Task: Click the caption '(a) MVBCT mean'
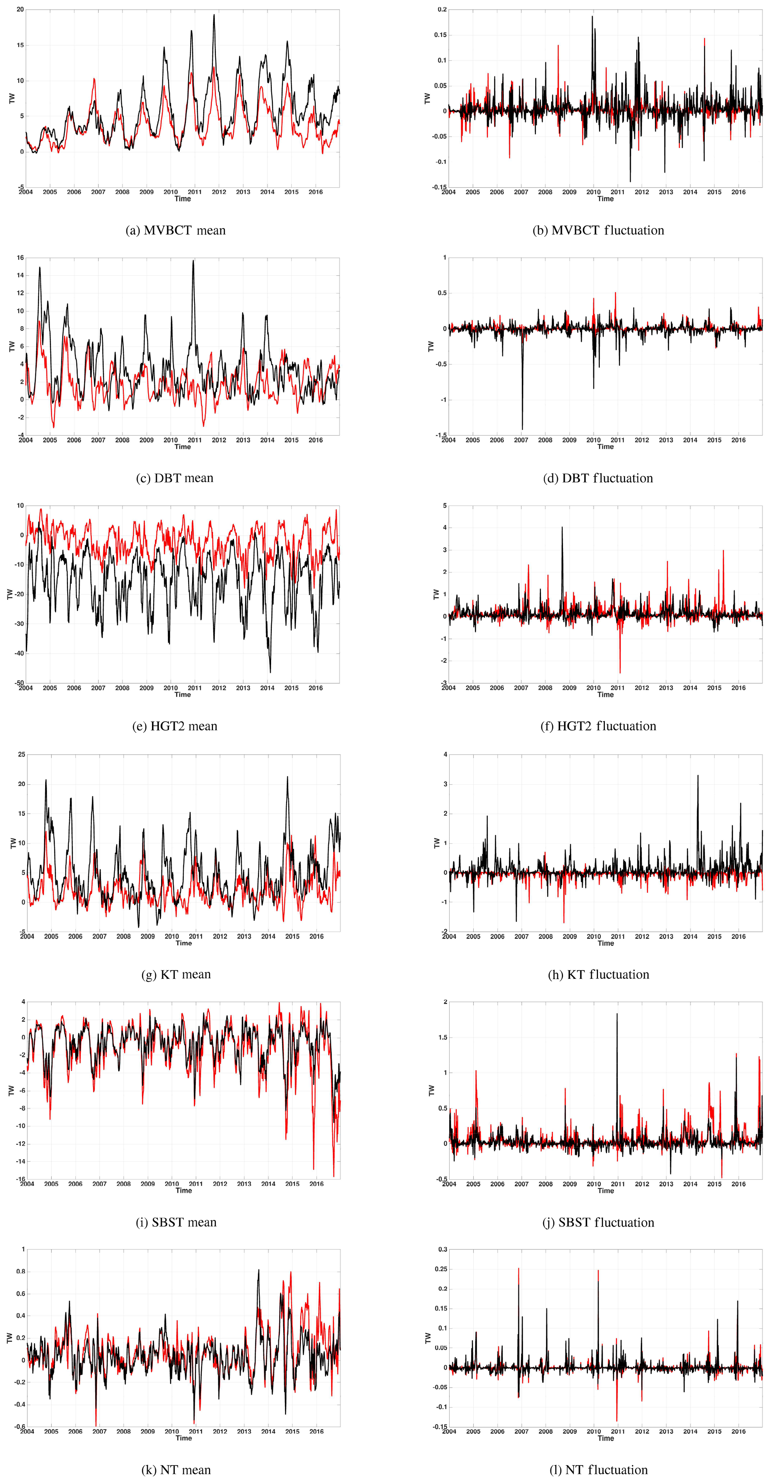176,230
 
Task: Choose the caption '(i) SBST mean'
176,1222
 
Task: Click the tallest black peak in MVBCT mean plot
214,15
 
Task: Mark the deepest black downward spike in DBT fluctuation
522,429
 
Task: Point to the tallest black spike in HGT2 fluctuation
562,527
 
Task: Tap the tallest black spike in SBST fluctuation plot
617,1014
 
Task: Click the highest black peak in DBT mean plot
194,261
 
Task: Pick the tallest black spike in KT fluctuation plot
698,775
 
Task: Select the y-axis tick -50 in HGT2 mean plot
18,683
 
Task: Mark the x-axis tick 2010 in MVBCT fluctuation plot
593,192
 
